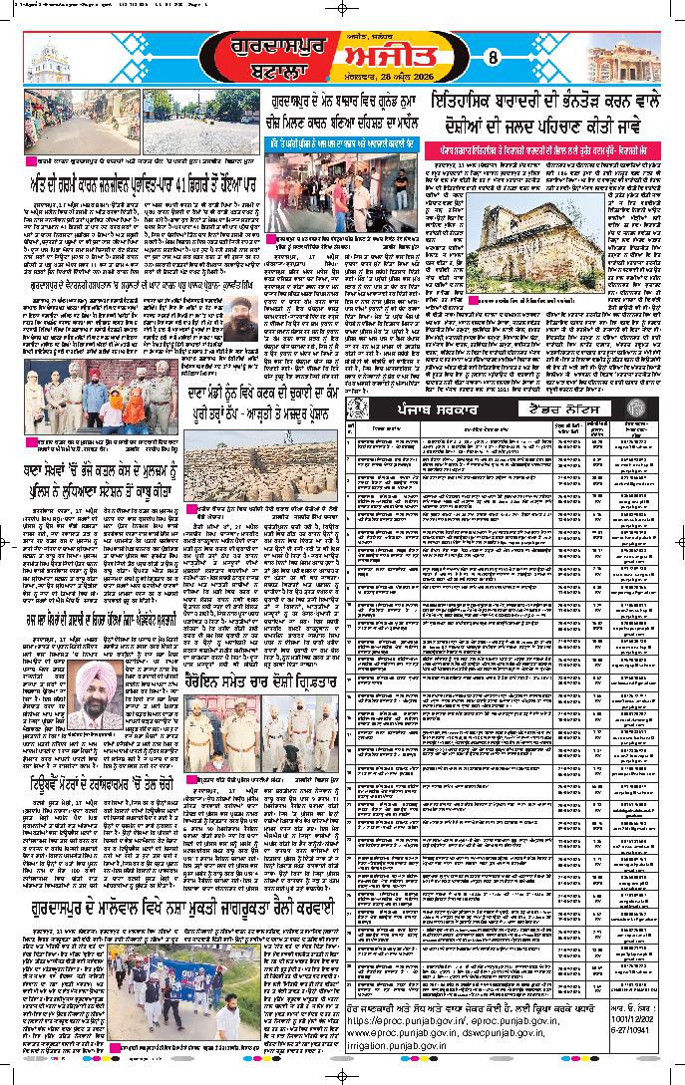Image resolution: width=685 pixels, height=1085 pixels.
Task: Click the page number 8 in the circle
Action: [492, 57]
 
